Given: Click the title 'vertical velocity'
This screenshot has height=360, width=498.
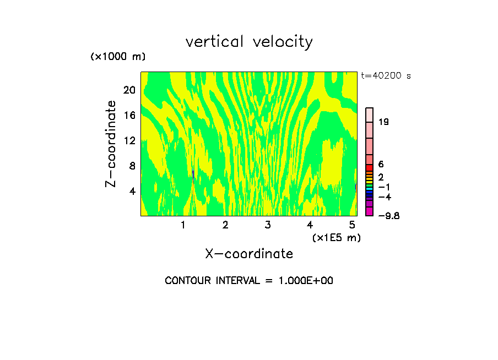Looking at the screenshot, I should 249,42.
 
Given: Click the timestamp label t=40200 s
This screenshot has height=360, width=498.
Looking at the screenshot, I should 386,76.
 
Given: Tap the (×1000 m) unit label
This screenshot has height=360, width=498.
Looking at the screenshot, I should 117,57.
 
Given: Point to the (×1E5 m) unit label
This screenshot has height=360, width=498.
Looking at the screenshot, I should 336,237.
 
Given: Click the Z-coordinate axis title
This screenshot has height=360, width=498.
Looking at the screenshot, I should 111,143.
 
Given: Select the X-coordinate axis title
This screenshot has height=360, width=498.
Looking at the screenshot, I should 249,254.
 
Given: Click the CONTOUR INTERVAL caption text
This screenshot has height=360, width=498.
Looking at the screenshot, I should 249,281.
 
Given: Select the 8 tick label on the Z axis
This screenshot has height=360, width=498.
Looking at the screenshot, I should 131,166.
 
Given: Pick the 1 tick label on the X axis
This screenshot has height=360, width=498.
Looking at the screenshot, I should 183,225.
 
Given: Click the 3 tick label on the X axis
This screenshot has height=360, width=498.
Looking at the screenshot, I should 267,225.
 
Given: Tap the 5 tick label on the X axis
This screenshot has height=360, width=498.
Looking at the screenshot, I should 352,225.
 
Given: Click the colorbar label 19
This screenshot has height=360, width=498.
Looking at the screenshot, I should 384,122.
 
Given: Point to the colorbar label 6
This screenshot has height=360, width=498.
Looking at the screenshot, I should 381,164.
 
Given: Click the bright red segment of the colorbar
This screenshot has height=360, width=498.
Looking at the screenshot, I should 370,168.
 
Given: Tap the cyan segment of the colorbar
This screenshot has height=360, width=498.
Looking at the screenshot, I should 370,189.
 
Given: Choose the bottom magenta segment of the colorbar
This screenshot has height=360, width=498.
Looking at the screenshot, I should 370,211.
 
